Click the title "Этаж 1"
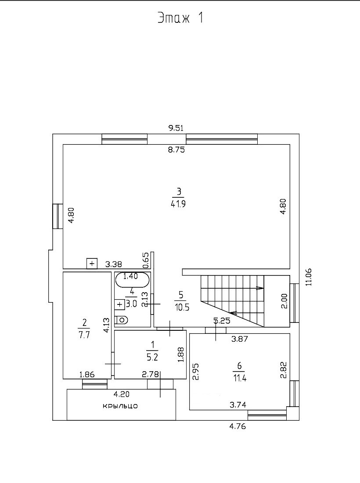pos(180,18)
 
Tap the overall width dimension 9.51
pos(176,128)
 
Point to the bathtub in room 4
pos(132,279)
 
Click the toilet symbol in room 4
pos(121,320)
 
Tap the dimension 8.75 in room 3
pos(176,150)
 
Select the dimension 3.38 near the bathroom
pos(115,264)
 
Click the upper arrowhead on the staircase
pos(260,288)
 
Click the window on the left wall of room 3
pos(58,216)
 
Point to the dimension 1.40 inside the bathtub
pos(130,276)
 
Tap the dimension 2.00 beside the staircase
pos(284,301)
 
